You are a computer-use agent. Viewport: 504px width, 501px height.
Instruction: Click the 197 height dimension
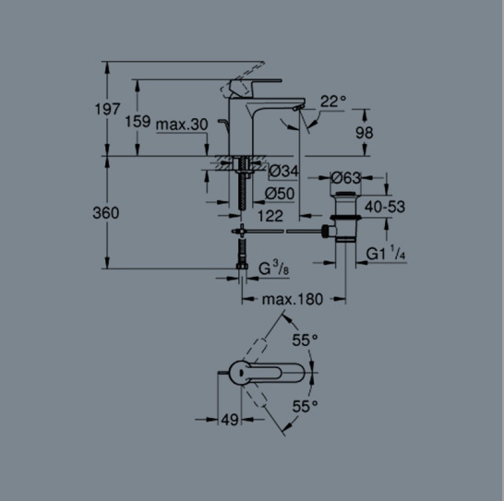pos(107,109)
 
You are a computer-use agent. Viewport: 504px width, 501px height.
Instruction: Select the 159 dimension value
pos(138,122)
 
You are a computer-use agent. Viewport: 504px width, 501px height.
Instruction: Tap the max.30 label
pos(182,125)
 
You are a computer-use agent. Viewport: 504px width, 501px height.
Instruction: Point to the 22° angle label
pos(333,101)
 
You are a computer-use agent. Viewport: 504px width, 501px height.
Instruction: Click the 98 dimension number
pos(365,133)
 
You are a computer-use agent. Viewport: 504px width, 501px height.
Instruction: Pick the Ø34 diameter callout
pos(283,171)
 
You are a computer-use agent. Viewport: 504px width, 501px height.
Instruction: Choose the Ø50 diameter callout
pos(280,194)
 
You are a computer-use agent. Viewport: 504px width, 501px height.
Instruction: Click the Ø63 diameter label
pos(346,178)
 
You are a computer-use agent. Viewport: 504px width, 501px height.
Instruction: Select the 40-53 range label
pos(385,207)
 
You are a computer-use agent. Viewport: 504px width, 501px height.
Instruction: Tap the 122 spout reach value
pos(270,216)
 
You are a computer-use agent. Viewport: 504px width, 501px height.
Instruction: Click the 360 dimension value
pos(106,213)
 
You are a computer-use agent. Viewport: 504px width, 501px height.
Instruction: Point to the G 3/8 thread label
pos(273,268)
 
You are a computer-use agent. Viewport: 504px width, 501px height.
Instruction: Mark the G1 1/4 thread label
pos(386,253)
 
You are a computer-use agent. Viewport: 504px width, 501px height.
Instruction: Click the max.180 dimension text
pos(293,300)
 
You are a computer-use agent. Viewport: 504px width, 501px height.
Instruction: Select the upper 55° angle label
pos(305,340)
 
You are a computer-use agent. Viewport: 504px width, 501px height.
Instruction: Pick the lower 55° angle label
pos(305,407)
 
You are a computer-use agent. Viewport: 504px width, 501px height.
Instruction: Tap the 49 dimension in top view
pos(230,420)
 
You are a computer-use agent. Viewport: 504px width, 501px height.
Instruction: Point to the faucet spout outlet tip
pos(296,109)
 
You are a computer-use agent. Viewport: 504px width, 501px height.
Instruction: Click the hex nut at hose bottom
pos(242,266)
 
